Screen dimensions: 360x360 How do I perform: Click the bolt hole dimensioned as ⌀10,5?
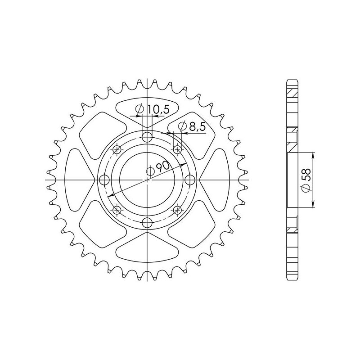coord(147,137)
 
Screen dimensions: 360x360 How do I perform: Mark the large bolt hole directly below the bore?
coord(147,223)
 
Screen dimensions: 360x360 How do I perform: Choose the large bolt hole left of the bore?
coord(104,180)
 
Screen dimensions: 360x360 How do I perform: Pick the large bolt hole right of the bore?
coord(190,180)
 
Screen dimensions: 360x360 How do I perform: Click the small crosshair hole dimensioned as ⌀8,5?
coord(177,150)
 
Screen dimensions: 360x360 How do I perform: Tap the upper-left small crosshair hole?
coord(117,150)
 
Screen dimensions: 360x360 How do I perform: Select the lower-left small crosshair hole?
coord(117,210)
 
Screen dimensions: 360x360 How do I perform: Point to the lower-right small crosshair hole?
coord(177,210)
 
